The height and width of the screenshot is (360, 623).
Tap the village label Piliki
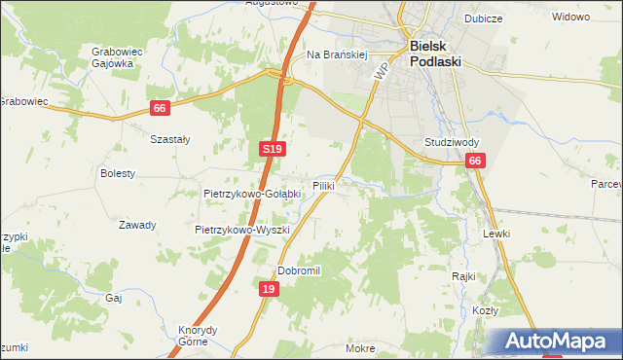click(324, 185)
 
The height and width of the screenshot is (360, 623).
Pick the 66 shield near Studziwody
click(474, 162)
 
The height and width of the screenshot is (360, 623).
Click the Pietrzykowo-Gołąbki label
click(251, 194)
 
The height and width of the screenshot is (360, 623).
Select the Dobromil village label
click(299, 270)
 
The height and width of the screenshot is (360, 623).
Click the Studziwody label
click(450, 142)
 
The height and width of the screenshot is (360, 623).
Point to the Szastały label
click(169, 139)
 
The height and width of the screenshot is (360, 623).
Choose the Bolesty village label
click(118, 173)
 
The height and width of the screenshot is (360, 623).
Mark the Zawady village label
click(137, 225)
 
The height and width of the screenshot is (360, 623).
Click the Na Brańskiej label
click(336, 55)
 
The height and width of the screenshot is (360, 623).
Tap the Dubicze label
click(509, 17)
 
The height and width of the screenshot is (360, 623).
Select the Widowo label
click(571, 18)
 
